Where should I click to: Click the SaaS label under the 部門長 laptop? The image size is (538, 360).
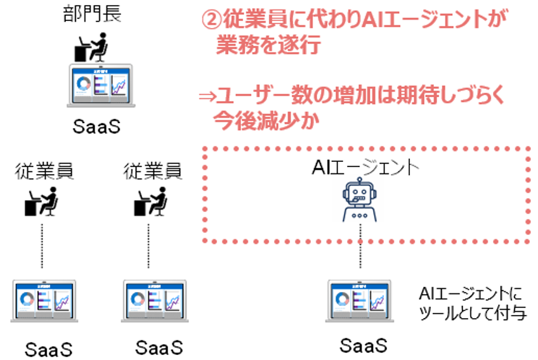point(96,126)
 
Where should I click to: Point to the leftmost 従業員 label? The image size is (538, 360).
point(44,171)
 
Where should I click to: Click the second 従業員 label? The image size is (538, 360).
point(152,171)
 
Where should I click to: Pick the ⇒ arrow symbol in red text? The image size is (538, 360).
point(207,97)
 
